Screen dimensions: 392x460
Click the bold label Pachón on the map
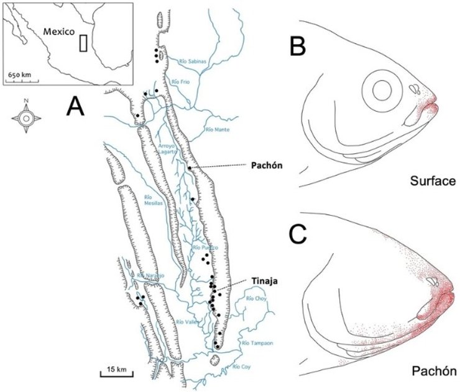tap(267, 166)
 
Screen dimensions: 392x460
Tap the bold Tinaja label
tap(264, 280)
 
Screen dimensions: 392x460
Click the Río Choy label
tap(255, 299)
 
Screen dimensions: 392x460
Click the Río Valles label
tap(187, 322)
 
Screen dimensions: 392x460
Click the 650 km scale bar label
tap(20, 74)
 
